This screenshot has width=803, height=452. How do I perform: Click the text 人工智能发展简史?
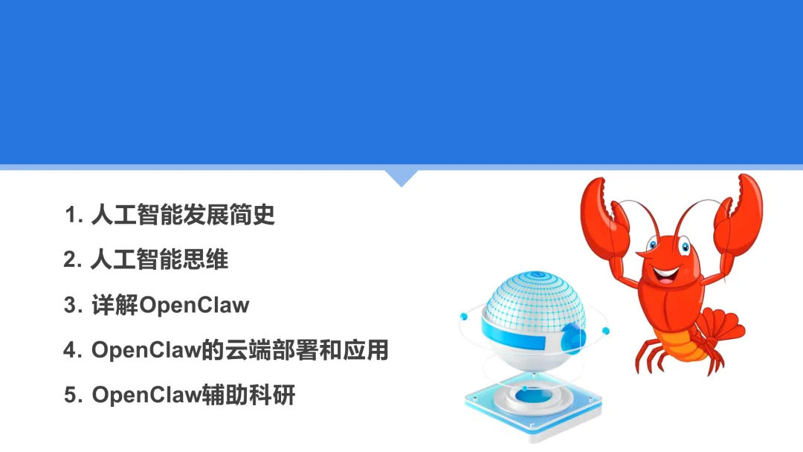click(183, 216)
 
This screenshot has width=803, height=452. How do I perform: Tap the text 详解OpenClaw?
click(170, 306)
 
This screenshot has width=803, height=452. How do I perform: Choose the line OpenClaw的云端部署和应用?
click(240, 350)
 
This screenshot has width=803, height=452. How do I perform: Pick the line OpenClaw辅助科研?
click(193, 395)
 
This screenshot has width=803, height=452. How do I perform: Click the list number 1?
click(72, 216)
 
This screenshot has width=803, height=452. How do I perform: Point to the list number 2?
click(71, 261)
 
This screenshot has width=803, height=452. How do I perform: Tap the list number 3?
click(71, 306)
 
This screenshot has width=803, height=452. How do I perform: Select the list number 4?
click(71, 351)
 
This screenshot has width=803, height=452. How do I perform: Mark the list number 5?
click(71, 395)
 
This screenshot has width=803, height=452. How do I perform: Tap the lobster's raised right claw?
click(736, 216)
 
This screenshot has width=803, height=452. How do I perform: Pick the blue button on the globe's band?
click(573, 338)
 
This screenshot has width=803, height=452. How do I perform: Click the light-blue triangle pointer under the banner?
click(401, 178)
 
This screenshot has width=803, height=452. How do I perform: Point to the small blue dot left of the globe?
click(463, 317)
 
